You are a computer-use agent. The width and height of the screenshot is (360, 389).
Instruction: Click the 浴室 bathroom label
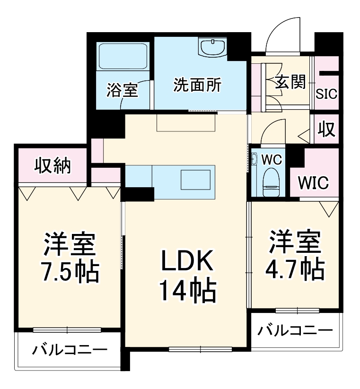(122, 90)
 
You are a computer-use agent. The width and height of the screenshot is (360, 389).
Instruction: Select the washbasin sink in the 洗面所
(214, 47)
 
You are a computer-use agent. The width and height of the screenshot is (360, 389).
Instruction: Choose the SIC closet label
(327, 93)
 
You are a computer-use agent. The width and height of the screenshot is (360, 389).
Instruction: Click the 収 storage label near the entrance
(326, 129)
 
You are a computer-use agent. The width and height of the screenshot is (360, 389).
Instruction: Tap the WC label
(272, 159)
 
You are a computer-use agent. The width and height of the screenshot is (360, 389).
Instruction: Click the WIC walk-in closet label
(313, 183)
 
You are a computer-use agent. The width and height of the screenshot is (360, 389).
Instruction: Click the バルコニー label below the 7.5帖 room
(70, 351)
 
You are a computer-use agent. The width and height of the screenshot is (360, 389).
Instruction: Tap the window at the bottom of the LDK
(200, 350)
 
